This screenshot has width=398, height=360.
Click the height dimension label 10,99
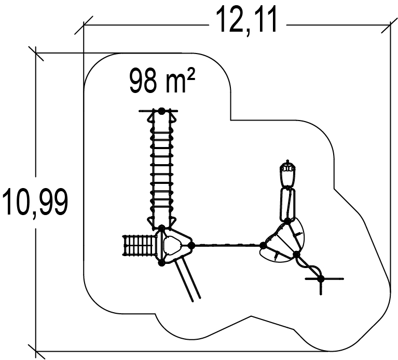tap(35, 202)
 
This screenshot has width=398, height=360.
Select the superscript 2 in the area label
tap(191, 74)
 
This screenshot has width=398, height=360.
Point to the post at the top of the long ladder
tap(161, 111)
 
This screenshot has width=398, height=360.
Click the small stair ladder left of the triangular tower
tap(139, 245)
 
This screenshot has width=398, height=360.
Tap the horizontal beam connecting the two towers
tap(227, 245)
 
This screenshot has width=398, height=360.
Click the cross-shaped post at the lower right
tap(321, 279)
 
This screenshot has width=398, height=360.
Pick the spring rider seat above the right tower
tap(287, 174)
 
